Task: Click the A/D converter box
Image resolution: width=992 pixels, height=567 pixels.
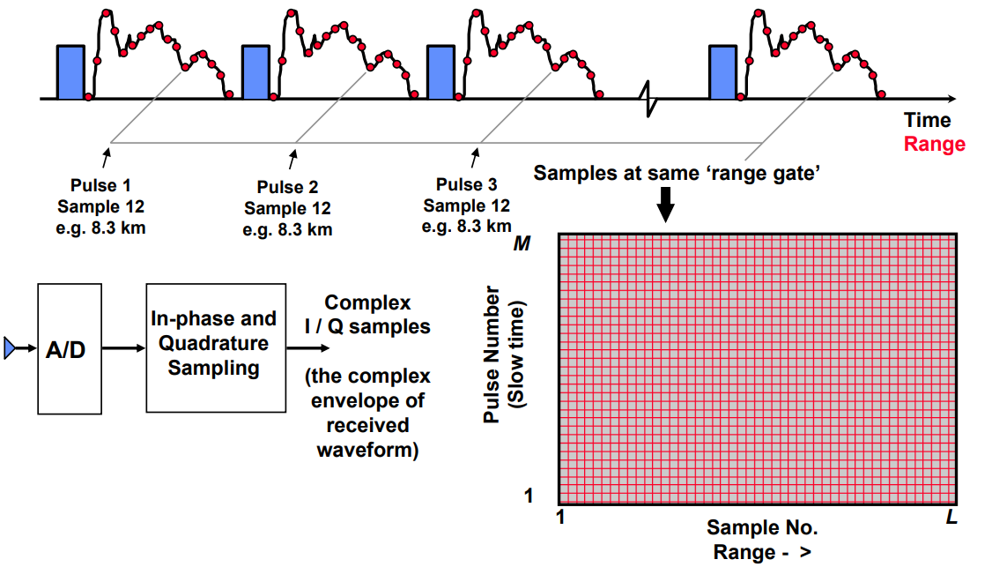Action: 70,348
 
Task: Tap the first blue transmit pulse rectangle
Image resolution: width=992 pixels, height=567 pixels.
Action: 70,71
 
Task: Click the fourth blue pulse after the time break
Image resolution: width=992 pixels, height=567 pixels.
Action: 723,71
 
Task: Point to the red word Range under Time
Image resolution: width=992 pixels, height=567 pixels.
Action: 935,144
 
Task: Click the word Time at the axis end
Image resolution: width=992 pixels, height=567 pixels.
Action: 927,121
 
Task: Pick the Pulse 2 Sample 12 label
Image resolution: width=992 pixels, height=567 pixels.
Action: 288,209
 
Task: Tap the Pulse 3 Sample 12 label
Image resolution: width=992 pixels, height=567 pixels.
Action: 466,206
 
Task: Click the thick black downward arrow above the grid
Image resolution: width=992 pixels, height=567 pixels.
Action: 666,207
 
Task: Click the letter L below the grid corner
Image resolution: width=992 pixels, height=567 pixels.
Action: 951,518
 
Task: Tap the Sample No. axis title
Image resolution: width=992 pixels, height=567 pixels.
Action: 762,528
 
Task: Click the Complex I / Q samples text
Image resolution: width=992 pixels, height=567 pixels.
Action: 367,315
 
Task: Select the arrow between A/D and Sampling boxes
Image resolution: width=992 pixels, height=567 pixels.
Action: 123,348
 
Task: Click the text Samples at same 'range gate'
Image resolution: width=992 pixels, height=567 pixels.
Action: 677,173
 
